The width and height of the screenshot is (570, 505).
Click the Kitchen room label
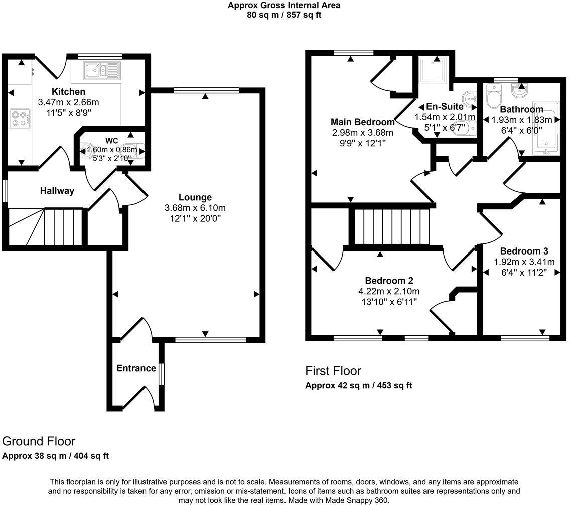(x=69, y=92)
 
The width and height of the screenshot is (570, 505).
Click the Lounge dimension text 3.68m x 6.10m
(x=195, y=208)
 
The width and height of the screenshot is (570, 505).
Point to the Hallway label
(x=57, y=191)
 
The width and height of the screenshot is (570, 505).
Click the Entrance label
(x=136, y=368)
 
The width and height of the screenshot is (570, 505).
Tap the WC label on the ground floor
(x=111, y=140)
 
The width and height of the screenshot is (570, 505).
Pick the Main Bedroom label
(x=362, y=122)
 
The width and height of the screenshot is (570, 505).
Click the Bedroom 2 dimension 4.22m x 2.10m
(x=389, y=291)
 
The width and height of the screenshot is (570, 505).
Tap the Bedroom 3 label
(x=524, y=251)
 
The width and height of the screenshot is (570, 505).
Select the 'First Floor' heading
(x=333, y=371)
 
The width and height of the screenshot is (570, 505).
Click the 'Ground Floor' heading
(x=39, y=441)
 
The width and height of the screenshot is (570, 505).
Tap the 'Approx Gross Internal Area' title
(x=284, y=6)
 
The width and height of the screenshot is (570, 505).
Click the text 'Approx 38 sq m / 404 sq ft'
(x=56, y=456)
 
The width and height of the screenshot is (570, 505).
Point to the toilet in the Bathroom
(x=493, y=97)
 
